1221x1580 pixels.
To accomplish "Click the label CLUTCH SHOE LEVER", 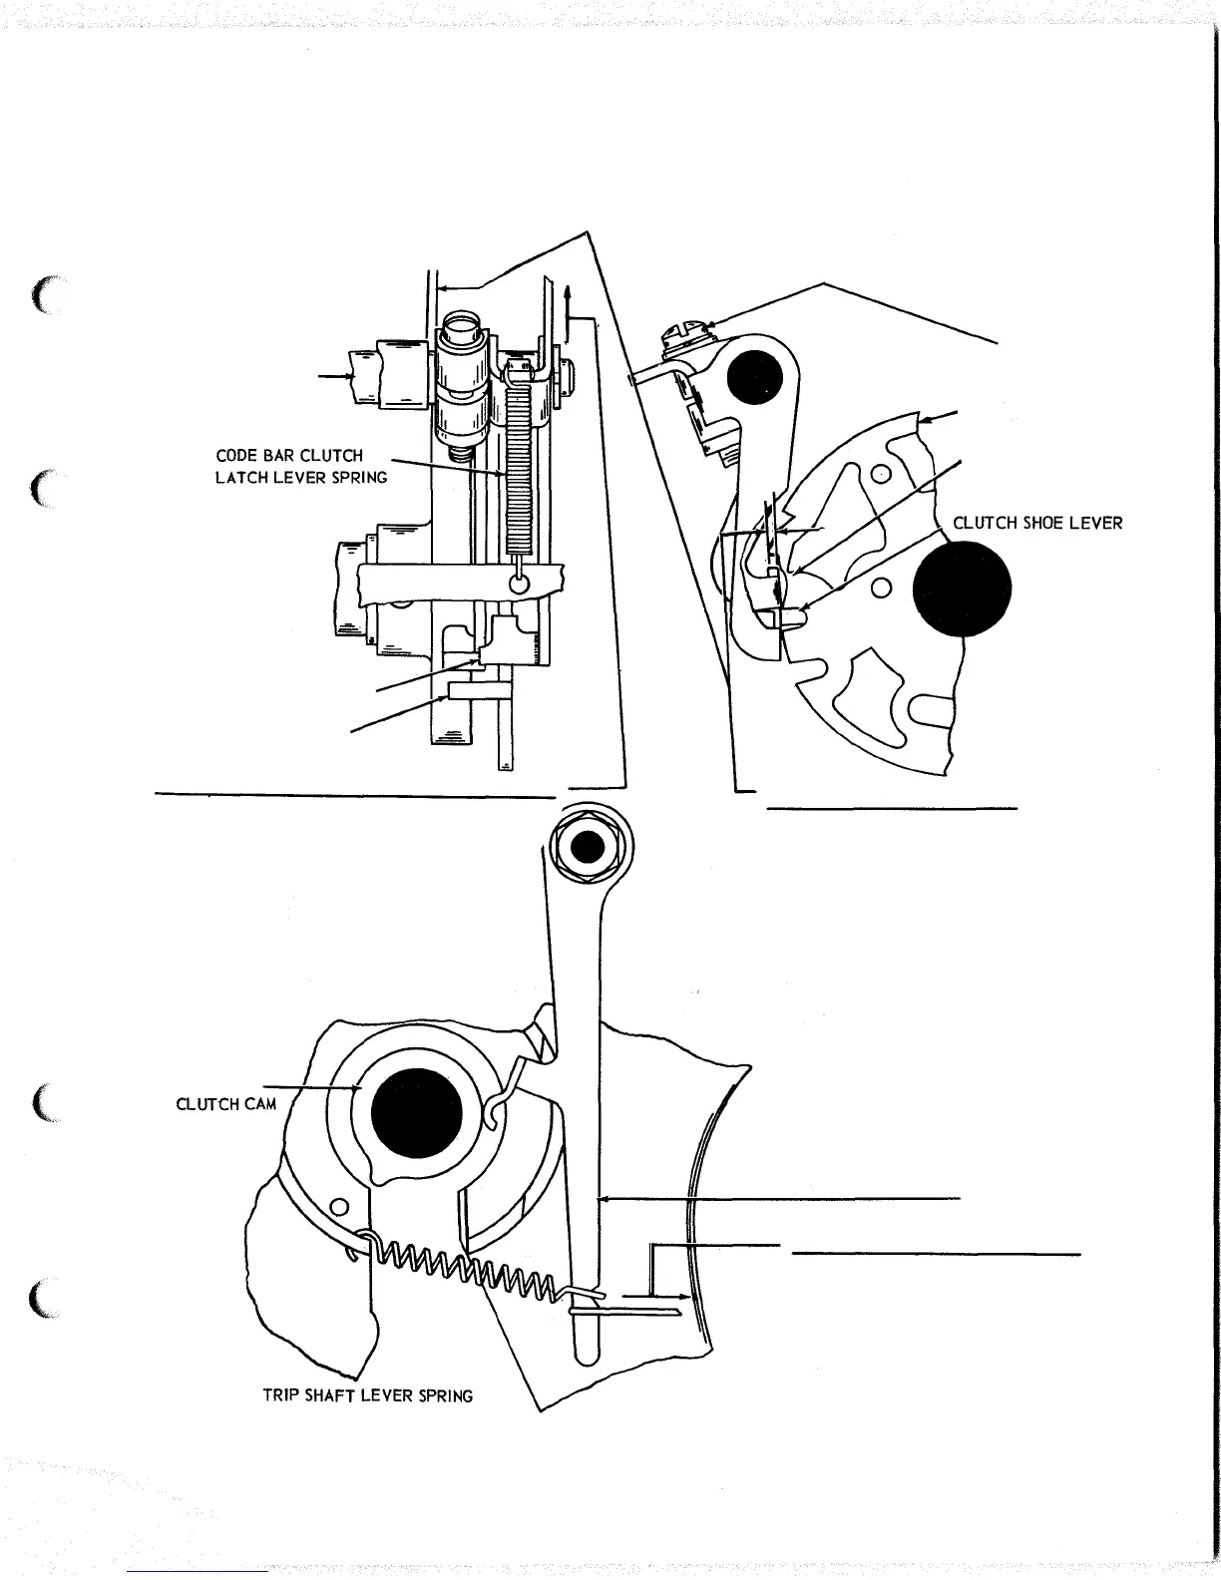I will click(x=1037, y=523).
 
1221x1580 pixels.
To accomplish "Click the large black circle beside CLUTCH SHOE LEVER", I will click(x=962, y=588).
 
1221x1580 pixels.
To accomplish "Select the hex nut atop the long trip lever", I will click(x=588, y=847).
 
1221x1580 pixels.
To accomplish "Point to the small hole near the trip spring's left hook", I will click(x=339, y=1209).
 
